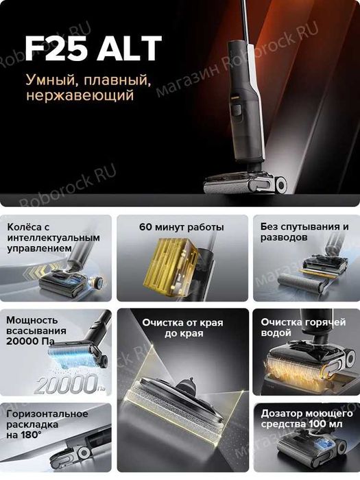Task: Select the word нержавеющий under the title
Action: (x=80, y=96)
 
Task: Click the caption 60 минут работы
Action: (x=181, y=227)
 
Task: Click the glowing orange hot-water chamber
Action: (x=304, y=370)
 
